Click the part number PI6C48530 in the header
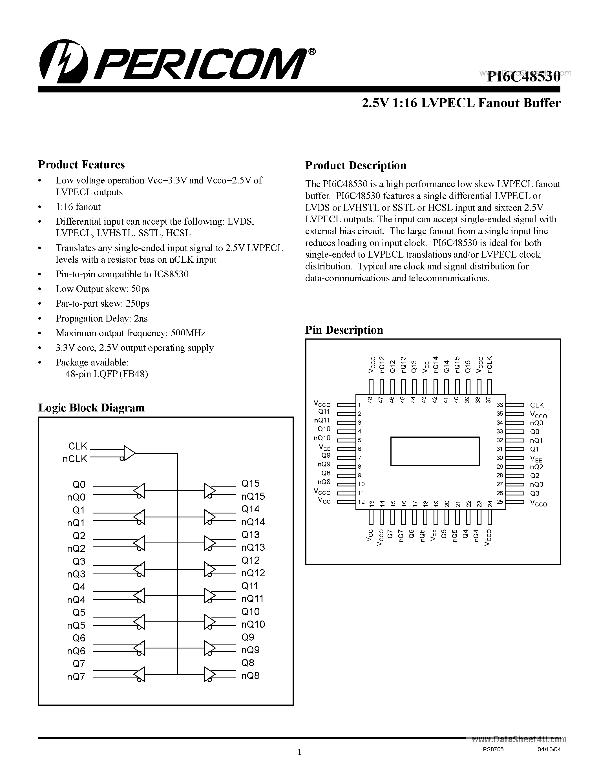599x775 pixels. click(523, 77)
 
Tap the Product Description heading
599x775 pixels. click(355, 165)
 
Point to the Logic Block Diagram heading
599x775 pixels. click(91, 408)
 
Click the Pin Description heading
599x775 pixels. click(344, 330)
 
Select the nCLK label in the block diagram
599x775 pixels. click(75, 459)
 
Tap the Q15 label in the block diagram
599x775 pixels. click(250, 483)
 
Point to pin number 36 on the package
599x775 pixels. click(500, 405)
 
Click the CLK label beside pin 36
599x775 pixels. click(536, 405)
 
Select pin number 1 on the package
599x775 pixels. click(359, 405)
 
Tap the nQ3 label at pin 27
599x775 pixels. click(536, 484)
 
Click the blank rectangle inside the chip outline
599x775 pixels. click(435, 451)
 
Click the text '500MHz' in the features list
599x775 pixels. click(188, 333)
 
